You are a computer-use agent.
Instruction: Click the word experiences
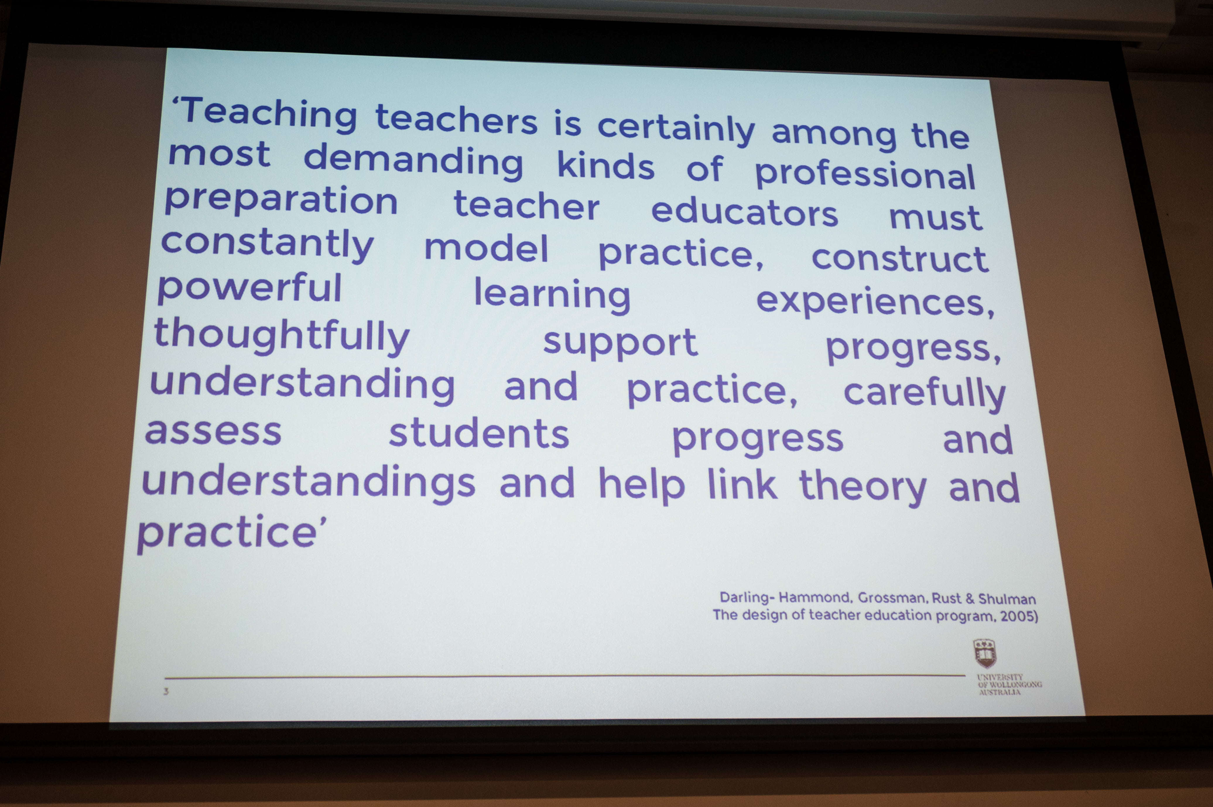click(x=875, y=301)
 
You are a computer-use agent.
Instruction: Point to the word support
click(x=620, y=343)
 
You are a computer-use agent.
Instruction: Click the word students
click(x=479, y=433)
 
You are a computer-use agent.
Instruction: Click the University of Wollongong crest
click(x=985, y=654)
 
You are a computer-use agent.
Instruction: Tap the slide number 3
click(x=166, y=691)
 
